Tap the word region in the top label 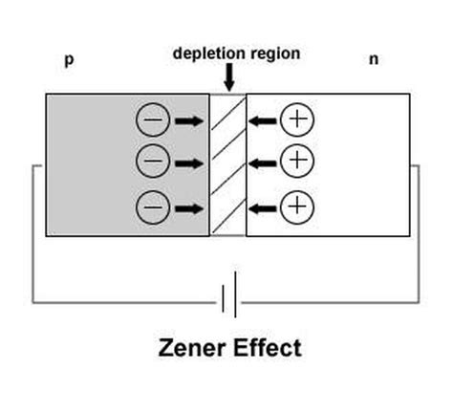click(x=273, y=54)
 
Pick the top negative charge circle click(x=153, y=120)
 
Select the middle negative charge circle click(x=153, y=161)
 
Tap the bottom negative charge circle click(x=153, y=205)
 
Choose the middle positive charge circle click(x=298, y=160)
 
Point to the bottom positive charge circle click(x=298, y=205)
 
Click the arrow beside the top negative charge click(x=189, y=120)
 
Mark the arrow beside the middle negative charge click(x=189, y=162)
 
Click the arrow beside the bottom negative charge click(x=189, y=205)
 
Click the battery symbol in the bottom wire click(x=228, y=302)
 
